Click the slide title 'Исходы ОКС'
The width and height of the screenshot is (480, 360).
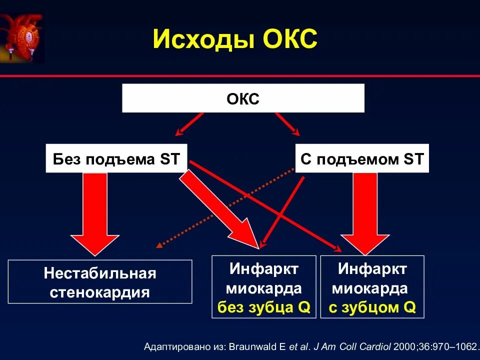(235, 39)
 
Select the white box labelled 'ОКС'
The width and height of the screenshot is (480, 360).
(243, 98)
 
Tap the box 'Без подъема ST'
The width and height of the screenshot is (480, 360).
(116, 159)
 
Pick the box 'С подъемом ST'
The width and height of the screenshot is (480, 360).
(362, 159)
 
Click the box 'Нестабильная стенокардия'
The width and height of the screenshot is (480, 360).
(100, 282)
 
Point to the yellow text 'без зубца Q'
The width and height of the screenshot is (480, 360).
(264, 307)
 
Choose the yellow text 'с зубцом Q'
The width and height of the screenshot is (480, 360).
(372, 307)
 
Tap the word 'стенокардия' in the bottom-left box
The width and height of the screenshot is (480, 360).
(100, 291)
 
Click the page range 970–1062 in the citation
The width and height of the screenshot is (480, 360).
(453, 346)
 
